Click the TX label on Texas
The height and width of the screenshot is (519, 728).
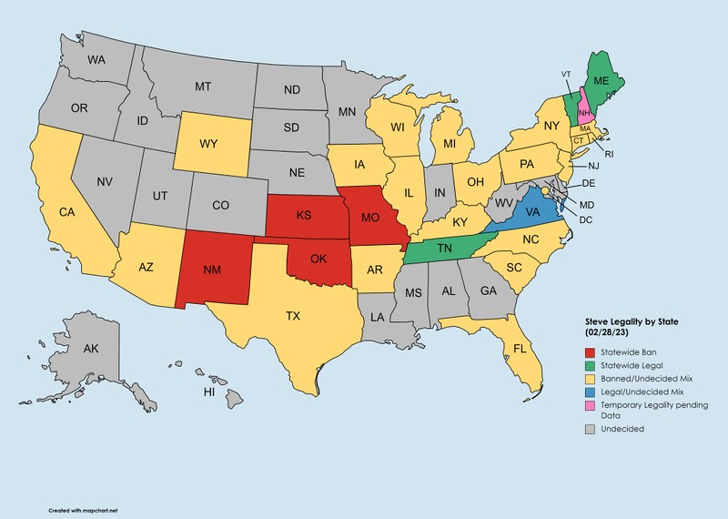[x=293, y=316]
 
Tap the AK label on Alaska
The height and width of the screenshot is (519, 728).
[x=91, y=350]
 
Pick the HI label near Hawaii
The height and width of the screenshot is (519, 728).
[x=208, y=392]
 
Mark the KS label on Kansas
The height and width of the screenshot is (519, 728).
[x=304, y=217]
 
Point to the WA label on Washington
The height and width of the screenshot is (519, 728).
[x=97, y=60]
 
